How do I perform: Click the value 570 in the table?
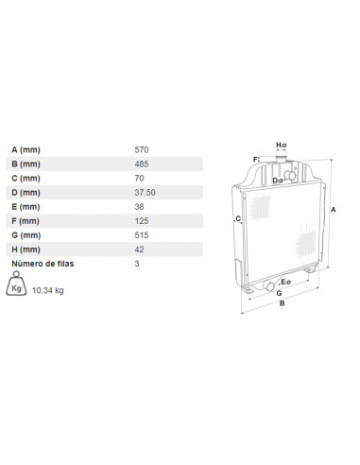coord(142,149)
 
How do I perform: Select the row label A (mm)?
coord(26,149)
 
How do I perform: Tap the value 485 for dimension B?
coord(142,164)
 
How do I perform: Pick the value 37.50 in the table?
coord(145,192)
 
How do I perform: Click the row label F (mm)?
coord(26,221)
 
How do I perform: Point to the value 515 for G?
coord(142,235)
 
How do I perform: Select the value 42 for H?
coord(139,250)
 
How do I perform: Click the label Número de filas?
coord(43,264)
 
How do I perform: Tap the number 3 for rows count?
coord(137,264)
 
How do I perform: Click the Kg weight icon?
coord(16,284)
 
